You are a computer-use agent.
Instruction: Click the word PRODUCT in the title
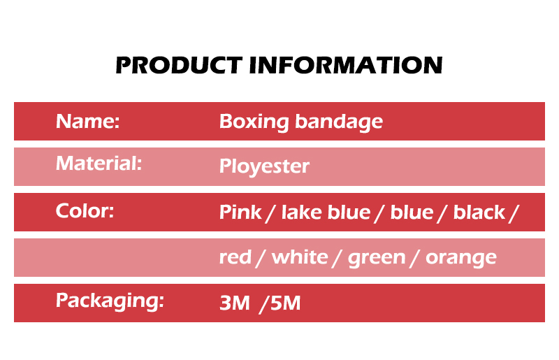[179, 65]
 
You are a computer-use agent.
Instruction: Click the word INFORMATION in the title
[346, 65]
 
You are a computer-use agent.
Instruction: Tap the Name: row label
[88, 122]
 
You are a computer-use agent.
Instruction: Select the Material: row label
[99, 164]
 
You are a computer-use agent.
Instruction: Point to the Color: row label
[85, 210]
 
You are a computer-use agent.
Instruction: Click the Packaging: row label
[110, 301]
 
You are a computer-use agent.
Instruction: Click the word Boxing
[254, 122]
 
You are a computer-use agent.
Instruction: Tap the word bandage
[339, 122]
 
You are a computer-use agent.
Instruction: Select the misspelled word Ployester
[264, 166]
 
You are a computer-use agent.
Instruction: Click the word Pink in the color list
[240, 212]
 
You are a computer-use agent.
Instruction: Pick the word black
[479, 212]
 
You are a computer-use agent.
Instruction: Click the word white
[300, 257]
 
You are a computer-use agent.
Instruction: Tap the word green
[377, 259]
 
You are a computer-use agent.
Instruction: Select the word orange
[461, 259]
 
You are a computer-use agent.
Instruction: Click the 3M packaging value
[235, 303]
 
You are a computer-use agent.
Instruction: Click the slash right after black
[514, 213]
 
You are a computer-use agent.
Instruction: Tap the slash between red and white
[261, 259]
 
